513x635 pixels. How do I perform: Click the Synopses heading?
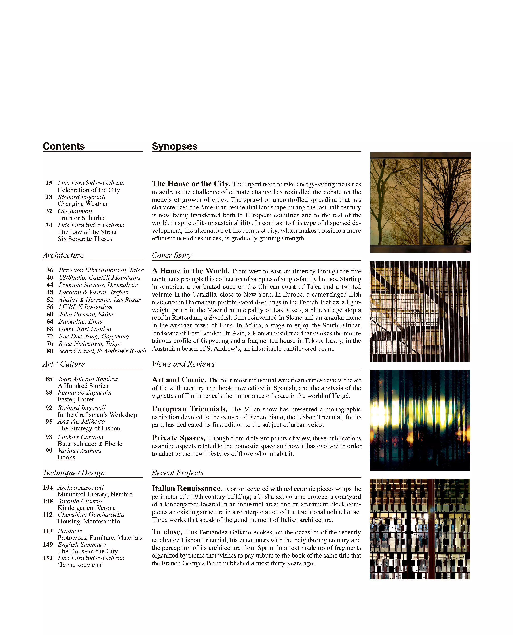pyautogui.click(x=174, y=146)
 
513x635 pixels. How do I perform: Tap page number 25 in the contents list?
pyautogui.click(x=49, y=183)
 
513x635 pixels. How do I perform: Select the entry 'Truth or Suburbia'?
pyautogui.click(x=82, y=218)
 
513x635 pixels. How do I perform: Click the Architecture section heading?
pyautogui.click(x=63, y=255)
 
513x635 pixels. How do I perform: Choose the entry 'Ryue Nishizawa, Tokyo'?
pyautogui.click(x=90, y=344)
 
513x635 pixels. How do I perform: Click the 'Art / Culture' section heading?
pyautogui.click(x=64, y=364)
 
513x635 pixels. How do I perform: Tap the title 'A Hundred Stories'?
pyautogui.click(x=83, y=386)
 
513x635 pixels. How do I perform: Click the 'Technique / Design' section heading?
pyautogui.click(x=74, y=472)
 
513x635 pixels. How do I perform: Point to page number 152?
pyautogui.click(x=48, y=558)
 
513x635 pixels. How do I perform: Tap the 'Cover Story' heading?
pyautogui.click(x=171, y=255)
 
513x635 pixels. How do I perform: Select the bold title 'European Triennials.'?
pyautogui.click(x=189, y=409)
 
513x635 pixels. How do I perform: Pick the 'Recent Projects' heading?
pyautogui.click(x=178, y=472)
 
